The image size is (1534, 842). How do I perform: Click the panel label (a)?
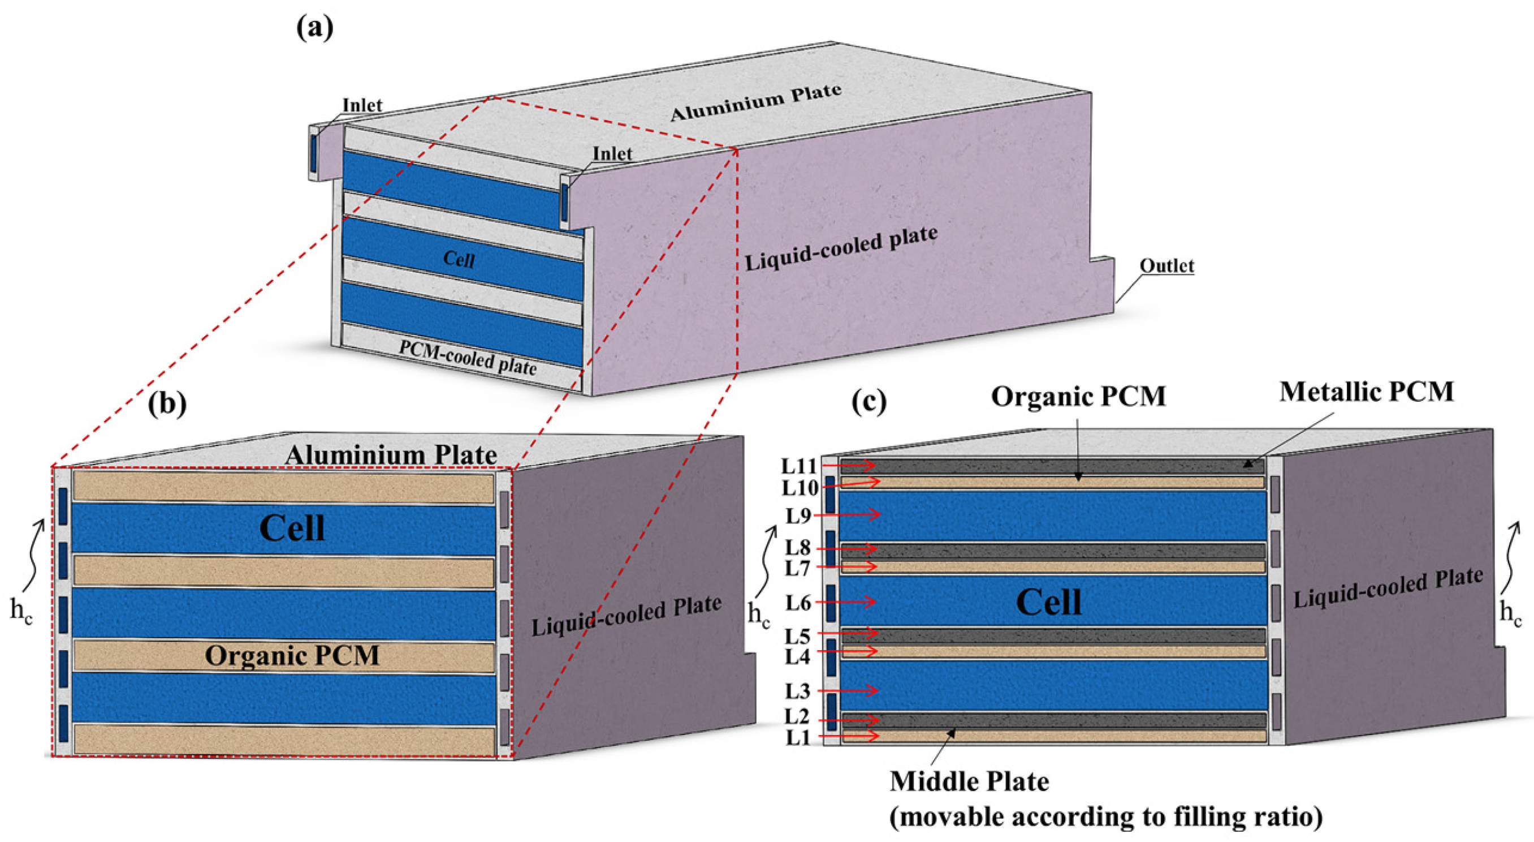315,28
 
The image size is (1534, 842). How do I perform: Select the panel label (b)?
167,403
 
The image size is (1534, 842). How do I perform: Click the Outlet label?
1166,265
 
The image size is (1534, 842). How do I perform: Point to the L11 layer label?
799,466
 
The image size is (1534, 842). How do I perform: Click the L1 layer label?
798,738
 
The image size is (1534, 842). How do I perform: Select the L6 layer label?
798,603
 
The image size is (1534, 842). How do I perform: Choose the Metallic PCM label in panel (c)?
1367,392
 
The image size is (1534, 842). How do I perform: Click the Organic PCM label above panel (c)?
1078,397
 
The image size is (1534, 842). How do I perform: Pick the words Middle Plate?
970,781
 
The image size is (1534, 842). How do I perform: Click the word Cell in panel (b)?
292,529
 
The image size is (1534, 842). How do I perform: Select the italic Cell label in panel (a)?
459,260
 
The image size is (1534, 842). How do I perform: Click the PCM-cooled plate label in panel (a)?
468,358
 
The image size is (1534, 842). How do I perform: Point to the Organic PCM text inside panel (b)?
292,655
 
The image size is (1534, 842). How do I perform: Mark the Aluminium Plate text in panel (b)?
391,456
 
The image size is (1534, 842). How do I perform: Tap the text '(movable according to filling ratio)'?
1106,817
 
